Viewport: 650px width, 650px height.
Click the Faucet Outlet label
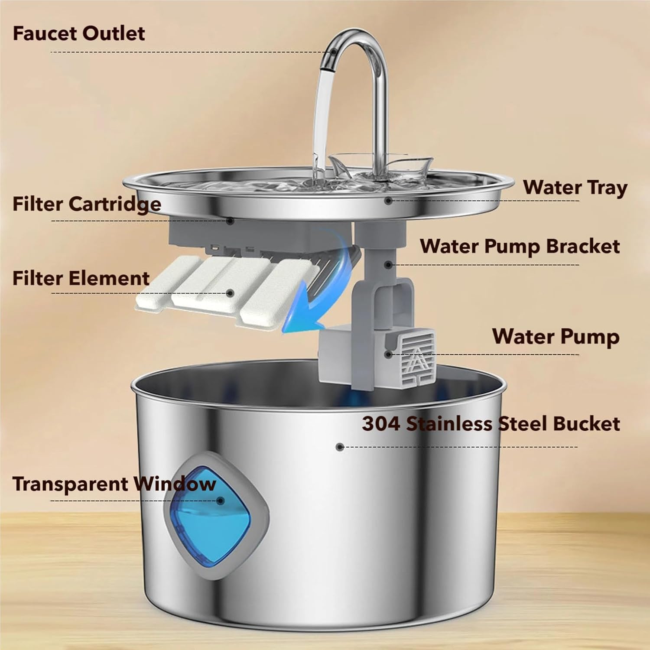78,33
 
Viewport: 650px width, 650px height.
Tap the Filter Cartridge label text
87,204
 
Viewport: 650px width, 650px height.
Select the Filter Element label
81,278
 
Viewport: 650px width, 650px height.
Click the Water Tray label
575,188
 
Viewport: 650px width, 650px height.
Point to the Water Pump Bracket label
520,246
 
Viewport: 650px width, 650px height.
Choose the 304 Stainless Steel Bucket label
491,424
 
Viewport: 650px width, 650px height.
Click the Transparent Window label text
114,484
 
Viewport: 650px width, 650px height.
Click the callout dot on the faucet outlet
334,52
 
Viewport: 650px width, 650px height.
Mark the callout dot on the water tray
388,201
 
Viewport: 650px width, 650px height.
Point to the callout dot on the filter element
231,293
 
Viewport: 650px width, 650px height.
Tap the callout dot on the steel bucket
340,447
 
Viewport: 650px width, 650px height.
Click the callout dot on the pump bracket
389,265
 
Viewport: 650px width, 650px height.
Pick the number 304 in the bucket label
381,424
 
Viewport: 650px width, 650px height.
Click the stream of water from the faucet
323,121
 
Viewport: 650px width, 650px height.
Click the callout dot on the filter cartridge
231,221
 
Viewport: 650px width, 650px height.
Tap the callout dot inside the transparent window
221,501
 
